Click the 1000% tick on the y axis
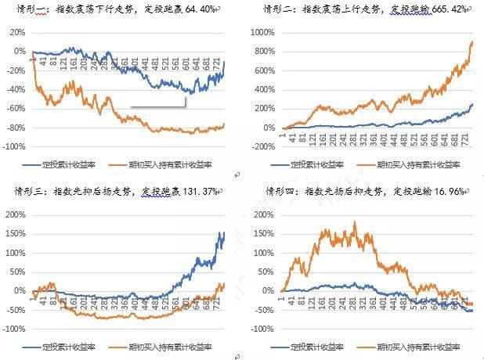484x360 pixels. coord(262,34)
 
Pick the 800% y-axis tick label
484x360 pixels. coord(265,53)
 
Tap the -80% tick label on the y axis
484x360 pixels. coord(15,128)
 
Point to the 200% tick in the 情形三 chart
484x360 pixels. coord(16,215)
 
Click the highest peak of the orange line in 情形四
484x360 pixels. coord(355,223)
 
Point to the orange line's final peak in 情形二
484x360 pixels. coord(472,42)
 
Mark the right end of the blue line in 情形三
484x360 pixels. coord(223,233)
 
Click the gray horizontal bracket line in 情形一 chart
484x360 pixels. coord(157,107)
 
